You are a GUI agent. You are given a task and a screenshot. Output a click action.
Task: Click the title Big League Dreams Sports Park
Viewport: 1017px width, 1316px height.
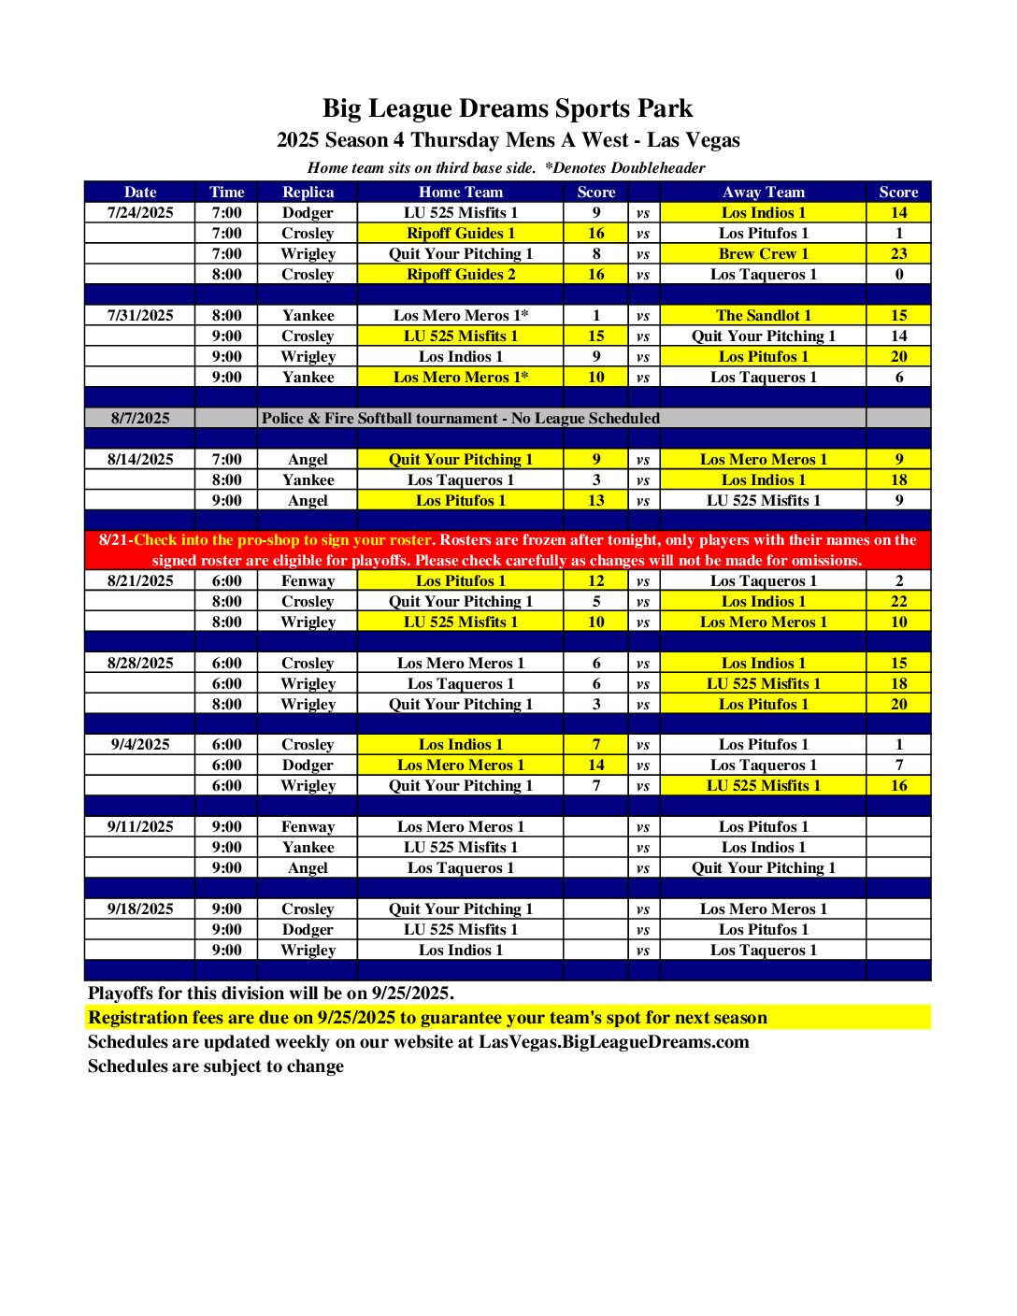508,108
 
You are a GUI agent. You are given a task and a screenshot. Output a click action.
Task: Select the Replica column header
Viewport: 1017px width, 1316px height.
308,192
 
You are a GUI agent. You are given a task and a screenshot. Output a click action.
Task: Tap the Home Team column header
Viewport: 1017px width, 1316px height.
461,192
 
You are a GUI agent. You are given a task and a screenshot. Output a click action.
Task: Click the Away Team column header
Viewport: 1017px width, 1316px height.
763,192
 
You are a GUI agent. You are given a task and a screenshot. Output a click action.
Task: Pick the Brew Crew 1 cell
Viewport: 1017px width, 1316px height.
763,253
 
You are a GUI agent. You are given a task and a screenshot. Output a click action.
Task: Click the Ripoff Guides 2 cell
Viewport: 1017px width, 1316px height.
461,274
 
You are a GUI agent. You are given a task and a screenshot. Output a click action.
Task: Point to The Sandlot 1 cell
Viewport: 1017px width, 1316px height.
763,315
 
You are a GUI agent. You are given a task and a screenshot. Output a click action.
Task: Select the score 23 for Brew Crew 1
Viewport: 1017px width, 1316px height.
898,253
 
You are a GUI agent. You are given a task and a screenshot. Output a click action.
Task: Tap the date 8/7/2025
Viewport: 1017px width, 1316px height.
140,418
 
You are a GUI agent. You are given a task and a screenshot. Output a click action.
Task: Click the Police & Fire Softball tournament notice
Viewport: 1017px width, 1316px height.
461,418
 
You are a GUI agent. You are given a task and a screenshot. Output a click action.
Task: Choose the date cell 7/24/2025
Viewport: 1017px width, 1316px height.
140,212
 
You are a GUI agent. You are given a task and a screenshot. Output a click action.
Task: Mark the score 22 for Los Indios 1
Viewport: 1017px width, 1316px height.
898,601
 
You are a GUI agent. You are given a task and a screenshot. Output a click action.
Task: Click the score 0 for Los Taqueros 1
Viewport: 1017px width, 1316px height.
898,274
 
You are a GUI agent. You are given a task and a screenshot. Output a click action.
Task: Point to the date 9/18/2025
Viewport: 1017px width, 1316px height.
140,908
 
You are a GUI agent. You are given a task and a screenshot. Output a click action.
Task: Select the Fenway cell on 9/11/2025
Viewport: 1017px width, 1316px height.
308,826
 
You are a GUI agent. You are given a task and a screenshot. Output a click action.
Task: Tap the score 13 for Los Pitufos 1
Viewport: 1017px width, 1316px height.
596,500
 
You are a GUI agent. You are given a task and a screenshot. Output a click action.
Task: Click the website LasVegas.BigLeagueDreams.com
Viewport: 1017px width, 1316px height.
613,1041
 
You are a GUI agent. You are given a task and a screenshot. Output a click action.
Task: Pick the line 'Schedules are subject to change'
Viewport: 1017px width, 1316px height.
216,1066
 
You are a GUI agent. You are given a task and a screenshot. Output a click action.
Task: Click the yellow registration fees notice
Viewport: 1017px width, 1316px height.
427,1017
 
